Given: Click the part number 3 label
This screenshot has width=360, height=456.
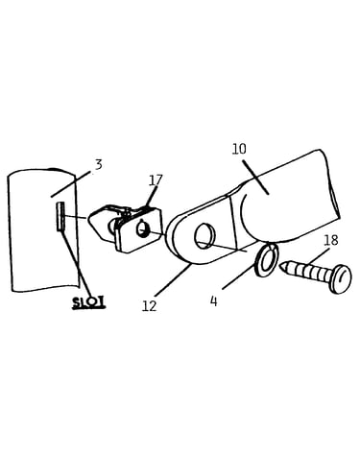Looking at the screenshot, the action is [99, 164].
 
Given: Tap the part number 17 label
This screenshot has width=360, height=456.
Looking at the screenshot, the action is [156, 180].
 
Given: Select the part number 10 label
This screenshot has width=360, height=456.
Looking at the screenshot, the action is [239, 149].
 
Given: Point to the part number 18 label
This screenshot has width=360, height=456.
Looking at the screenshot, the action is [331, 240].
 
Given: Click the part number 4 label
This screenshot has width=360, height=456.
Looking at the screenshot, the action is [214, 300].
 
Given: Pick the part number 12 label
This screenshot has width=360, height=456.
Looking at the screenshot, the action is [149, 306].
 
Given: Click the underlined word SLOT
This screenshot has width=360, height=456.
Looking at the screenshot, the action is [88, 302].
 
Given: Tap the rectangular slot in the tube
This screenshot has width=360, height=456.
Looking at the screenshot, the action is [60, 216].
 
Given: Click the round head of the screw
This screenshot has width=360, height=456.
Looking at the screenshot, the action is [341, 278].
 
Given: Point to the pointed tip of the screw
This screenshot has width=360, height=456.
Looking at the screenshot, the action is [281, 266].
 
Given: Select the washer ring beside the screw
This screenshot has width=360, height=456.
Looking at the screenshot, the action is [266, 259].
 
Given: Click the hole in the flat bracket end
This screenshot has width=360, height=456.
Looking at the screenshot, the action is [204, 235].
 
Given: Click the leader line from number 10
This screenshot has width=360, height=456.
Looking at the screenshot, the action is [255, 177].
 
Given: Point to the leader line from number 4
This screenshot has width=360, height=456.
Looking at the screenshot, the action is [238, 273].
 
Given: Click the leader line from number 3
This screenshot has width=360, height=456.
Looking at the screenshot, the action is [71, 184].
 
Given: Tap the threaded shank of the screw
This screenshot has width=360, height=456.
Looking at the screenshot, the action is [308, 272].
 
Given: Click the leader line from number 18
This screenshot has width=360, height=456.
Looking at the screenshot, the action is [317, 256].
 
